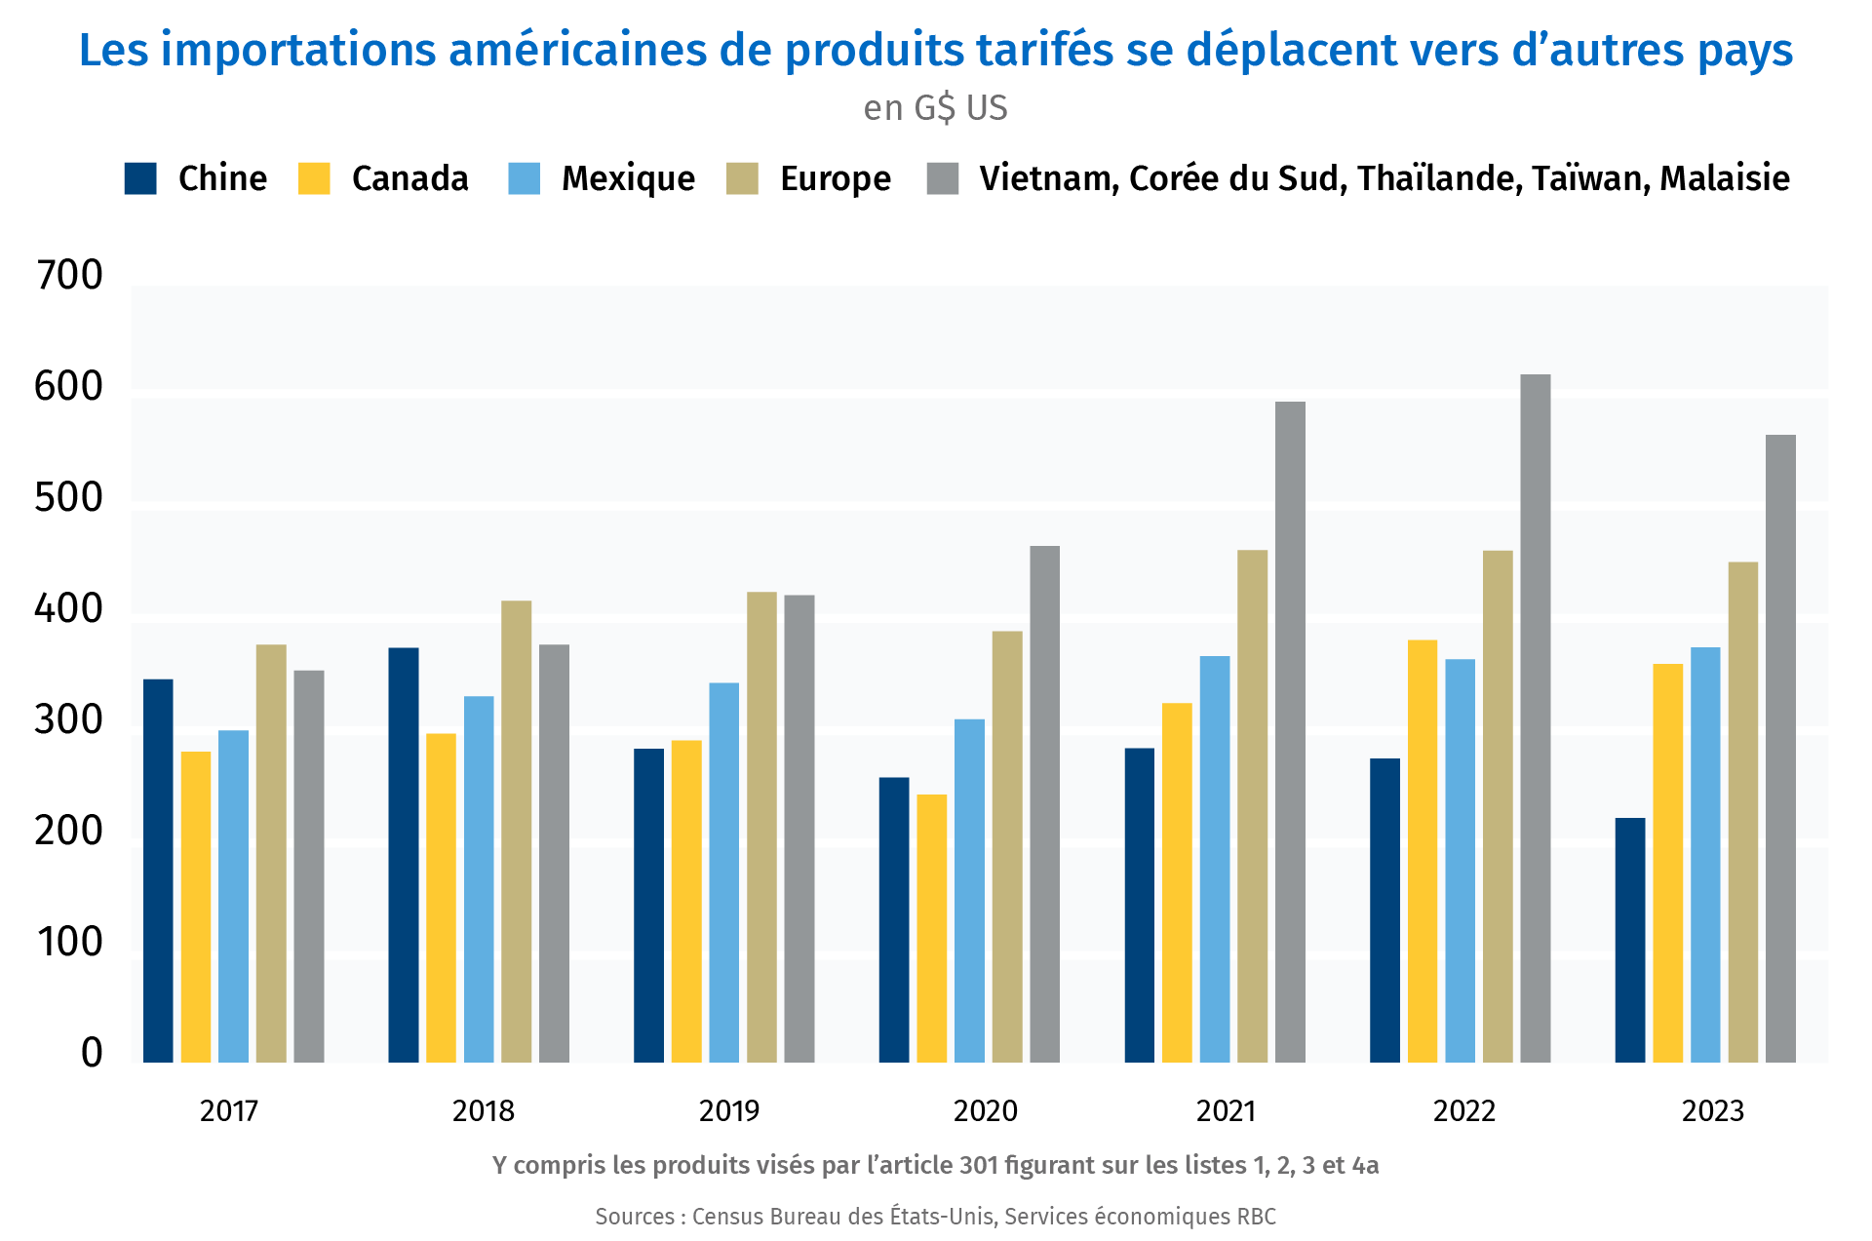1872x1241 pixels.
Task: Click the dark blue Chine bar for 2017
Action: coord(158,871)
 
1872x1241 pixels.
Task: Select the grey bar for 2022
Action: coord(1536,718)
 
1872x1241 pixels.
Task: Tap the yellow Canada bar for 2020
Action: coord(932,928)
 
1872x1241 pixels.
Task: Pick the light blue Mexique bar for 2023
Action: coord(1705,855)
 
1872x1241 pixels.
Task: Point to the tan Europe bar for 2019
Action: coord(761,827)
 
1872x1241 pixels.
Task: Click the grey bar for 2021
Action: coord(1290,732)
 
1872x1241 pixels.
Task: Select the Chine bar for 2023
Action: coord(1630,940)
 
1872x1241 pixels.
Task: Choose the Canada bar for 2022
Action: coord(1423,851)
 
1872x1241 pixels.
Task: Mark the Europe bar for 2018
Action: coord(517,832)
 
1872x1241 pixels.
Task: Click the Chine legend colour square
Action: coord(140,178)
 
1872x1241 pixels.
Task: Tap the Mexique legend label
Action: coord(628,178)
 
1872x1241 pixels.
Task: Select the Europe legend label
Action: coord(836,178)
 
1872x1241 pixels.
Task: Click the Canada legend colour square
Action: coord(314,178)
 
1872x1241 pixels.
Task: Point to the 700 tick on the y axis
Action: coord(68,276)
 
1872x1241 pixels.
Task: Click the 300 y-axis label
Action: coord(68,720)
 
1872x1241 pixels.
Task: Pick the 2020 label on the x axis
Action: coord(985,1110)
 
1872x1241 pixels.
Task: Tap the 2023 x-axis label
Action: coord(1713,1110)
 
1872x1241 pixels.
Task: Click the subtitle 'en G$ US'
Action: coord(935,107)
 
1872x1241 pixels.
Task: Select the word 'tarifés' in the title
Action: coord(1044,50)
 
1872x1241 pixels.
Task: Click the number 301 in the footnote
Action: coord(979,1165)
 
